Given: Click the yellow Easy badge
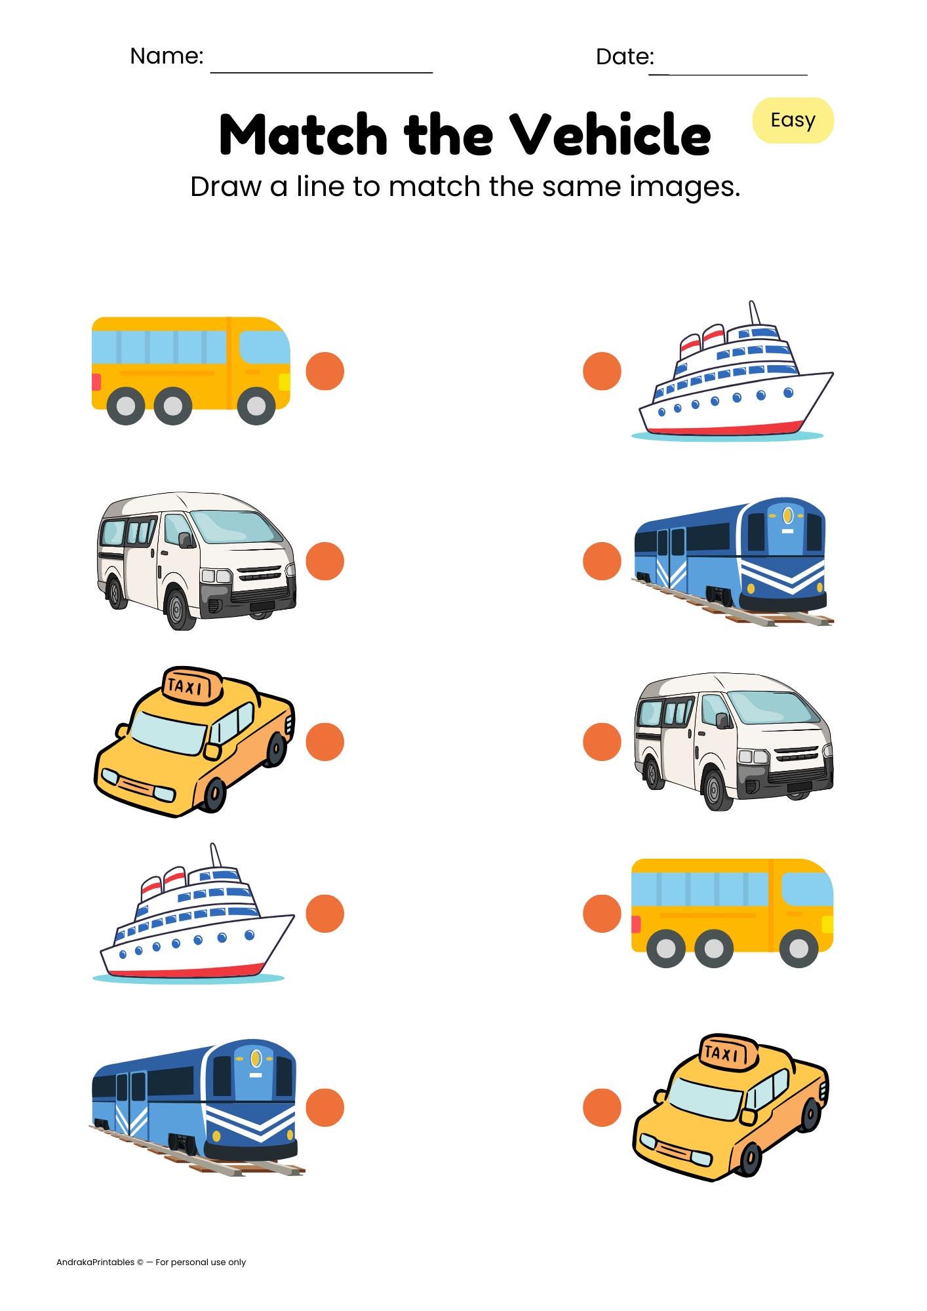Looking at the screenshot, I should pos(793,121).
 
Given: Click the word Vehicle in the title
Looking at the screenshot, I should pos(610,135).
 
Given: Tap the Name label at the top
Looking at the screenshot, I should pos(167,56).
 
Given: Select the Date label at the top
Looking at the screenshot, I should pos(624,56).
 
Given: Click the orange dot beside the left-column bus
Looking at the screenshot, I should pos(325,371).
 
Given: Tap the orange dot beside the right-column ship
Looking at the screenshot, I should pos(602,371).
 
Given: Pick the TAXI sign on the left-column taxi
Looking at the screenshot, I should pos(191,686).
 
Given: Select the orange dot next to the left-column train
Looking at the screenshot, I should pos(325,1107).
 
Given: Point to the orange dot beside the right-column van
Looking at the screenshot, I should pos(602,742).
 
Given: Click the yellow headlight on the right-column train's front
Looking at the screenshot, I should pos(787,515).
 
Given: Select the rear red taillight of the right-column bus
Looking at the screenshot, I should pos(635,924).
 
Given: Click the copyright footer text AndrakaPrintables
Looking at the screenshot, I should pos(96,1262).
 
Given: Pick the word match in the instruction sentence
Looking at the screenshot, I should pos(434,187).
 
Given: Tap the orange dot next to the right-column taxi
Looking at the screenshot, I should pos(602,1107).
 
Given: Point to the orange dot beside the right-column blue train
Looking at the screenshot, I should pos(602,561).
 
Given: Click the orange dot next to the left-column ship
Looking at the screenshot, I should pos(325,913).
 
